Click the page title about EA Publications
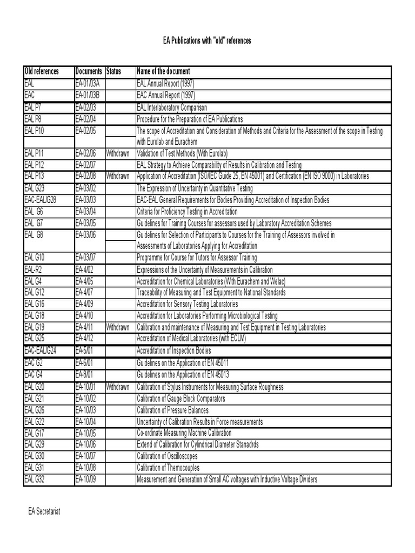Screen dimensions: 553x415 [207, 42]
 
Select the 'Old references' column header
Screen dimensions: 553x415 [42, 72]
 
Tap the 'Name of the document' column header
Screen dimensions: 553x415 [163, 72]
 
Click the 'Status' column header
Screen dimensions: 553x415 [114, 72]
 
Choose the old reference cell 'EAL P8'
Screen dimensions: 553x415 [34, 118]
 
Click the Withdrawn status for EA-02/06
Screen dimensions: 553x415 [118, 153]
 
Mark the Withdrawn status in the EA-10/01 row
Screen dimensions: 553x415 [118, 387]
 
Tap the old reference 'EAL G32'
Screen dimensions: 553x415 [35, 480]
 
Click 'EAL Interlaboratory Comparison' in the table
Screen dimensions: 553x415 [172, 107]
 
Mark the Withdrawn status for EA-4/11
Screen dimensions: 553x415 [118, 327]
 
